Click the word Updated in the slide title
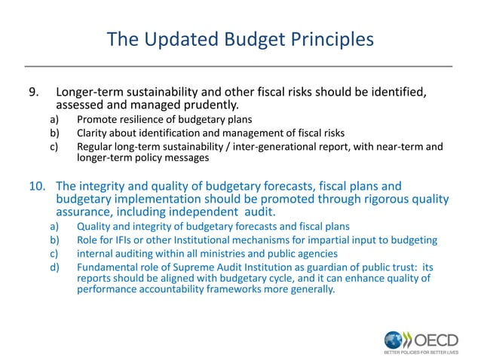click(176, 38)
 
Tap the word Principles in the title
click(328, 38)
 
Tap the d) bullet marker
click(55, 267)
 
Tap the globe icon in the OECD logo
click(394, 339)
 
